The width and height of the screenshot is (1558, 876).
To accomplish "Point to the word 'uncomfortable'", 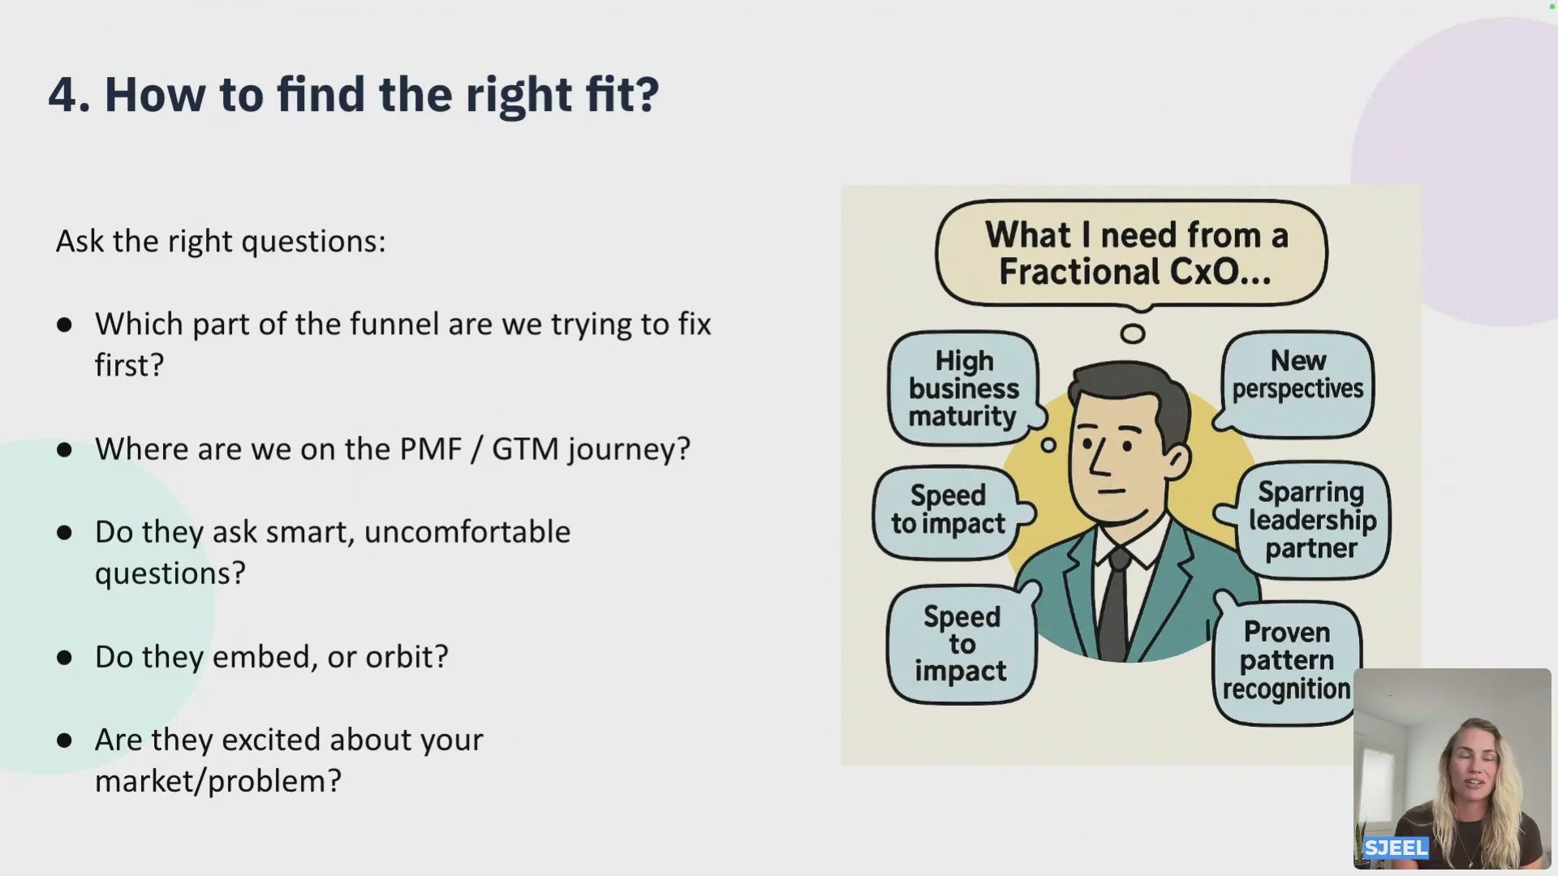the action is point(467,532).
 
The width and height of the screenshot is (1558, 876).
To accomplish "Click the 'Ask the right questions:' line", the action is point(221,242).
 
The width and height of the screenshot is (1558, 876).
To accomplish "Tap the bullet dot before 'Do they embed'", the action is point(65,657).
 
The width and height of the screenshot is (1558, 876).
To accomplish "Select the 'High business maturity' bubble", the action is point(963,389).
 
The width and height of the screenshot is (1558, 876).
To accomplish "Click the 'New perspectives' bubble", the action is point(1298,383).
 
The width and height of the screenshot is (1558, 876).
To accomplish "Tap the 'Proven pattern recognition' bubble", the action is point(1287,661).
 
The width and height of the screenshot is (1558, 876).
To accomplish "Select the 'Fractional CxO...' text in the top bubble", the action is point(1134,272).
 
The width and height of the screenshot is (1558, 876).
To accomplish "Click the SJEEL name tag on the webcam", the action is point(1396,848).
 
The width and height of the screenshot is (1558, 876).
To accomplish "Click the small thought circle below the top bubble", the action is point(1133,333).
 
